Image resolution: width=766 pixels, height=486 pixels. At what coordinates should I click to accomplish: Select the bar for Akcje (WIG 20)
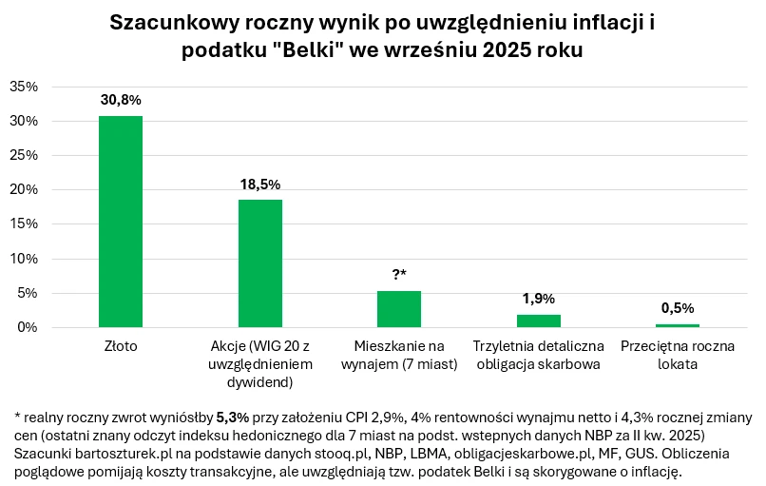[259, 263]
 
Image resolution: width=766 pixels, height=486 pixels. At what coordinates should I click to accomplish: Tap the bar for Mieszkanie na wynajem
[399, 309]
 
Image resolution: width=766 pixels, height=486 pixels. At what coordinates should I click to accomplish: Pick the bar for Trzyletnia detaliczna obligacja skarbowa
[539, 321]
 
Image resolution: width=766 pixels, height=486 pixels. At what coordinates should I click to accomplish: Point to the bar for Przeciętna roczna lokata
[678, 325]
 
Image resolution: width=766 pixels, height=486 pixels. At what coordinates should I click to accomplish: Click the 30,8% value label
[121, 99]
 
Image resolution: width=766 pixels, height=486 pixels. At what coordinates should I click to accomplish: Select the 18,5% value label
[259, 184]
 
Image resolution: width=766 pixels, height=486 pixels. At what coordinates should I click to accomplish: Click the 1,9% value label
[539, 298]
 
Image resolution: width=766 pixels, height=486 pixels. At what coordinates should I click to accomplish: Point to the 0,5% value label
[678, 307]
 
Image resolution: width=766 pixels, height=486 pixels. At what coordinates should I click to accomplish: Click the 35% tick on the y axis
[23, 87]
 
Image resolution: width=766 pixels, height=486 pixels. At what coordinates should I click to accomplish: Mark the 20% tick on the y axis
[23, 190]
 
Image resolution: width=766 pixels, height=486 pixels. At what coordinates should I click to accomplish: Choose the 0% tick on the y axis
[27, 327]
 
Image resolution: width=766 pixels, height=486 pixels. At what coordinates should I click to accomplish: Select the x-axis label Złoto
[121, 346]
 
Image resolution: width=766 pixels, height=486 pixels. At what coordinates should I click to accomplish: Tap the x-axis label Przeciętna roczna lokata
[678, 355]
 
